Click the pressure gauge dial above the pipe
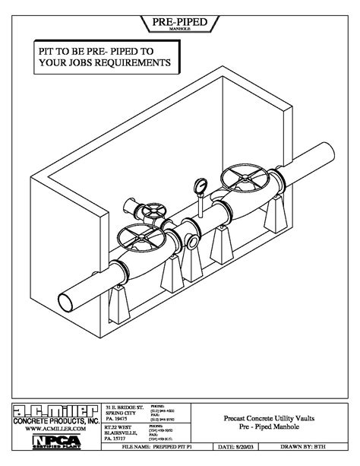pos(200,185)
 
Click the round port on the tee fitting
pos(190,242)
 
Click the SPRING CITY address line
pos(118,415)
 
